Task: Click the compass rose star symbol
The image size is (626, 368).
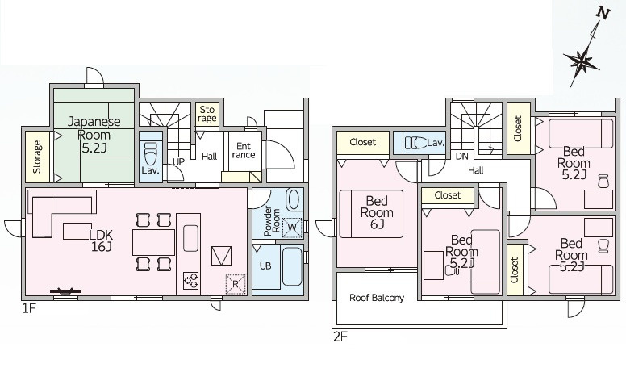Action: [582, 62]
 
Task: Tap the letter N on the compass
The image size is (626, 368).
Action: [603, 14]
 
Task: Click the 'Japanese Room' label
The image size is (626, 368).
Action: [94, 128]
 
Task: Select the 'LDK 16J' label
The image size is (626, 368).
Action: [101, 240]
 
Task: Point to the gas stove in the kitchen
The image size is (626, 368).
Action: [190, 280]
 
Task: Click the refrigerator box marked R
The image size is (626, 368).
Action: [235, 284]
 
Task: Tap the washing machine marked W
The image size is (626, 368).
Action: [292, 228]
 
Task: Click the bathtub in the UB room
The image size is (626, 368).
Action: [291, 266]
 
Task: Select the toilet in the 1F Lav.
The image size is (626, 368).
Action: [151, 154]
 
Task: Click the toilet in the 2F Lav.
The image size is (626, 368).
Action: [415, 143]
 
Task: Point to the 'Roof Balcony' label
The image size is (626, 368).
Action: [377, 298]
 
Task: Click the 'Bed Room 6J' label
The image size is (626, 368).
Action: [377, 212]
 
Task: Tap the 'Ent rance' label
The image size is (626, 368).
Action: [244, 150]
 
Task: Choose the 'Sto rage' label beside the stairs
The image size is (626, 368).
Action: [207, 114]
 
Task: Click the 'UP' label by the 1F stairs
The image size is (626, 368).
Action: [179, 162]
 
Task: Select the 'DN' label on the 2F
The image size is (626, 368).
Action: [462, 157]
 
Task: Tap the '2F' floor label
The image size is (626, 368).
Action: [340, 337]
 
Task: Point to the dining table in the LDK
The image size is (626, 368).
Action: [154, 242]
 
